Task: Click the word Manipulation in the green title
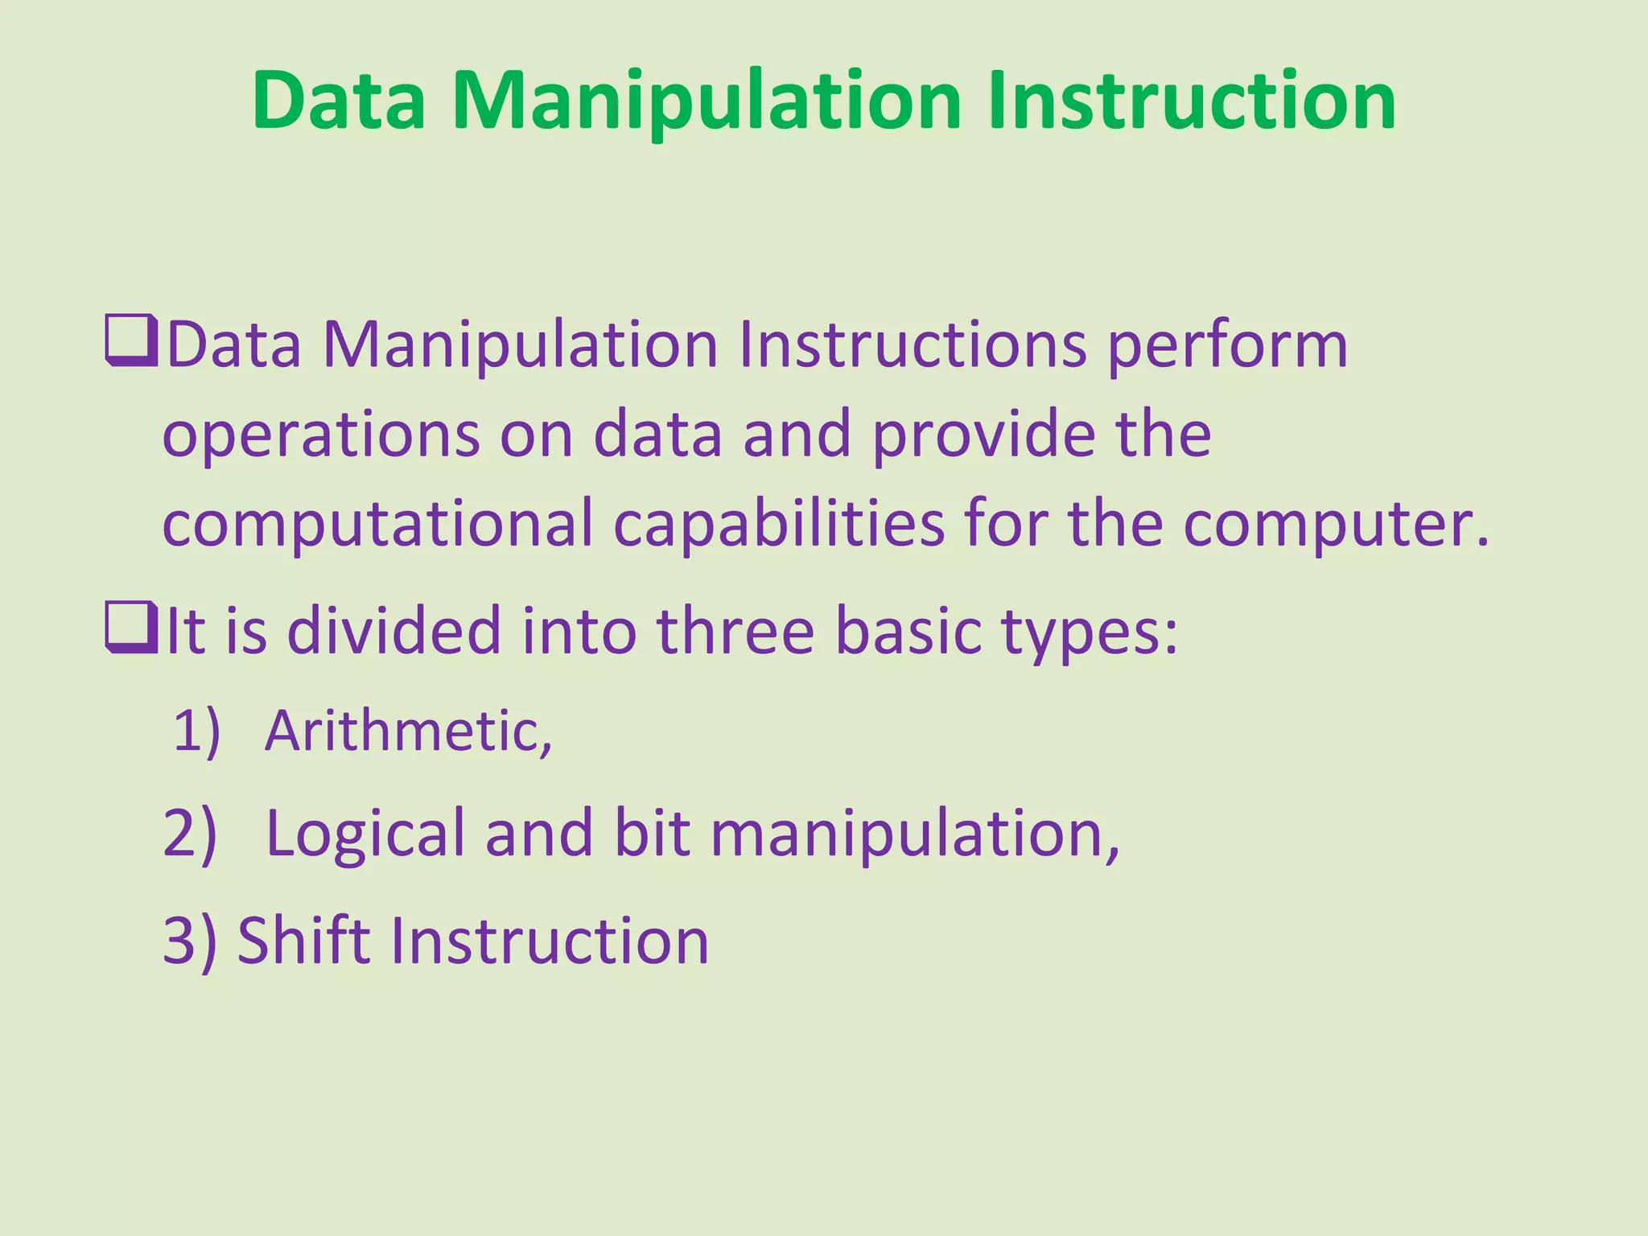[x=706, y=101]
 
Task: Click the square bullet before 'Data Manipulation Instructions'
[x=130, y=343]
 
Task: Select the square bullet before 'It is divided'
[x=130, y=628]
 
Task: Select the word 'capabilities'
[x=778, y=525]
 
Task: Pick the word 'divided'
[x=394, y=631]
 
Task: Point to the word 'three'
[x=735, y=631]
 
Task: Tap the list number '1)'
[x=196, y=731]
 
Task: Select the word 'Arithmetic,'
[x=408, y=731]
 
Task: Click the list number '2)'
[x=190, y=834]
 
